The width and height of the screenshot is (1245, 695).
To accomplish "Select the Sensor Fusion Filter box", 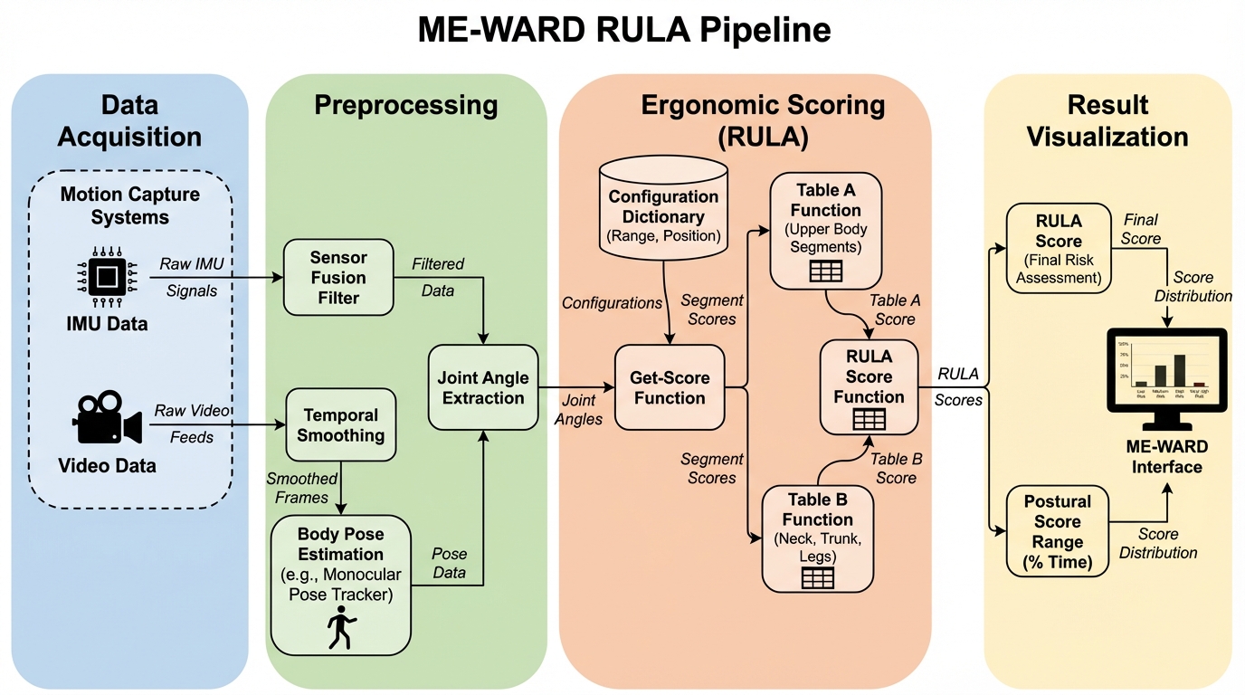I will click(338, 278).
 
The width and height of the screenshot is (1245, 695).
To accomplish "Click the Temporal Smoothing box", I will click(341, 425).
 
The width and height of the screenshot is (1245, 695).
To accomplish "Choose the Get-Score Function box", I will click(670, 386).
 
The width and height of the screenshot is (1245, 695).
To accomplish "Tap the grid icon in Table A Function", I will click(825, 271).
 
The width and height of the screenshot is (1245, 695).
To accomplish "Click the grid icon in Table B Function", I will click(817, 576).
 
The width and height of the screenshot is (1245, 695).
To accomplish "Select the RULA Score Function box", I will click(869, 386).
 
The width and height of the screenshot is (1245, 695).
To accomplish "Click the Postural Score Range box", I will click(1058, 532).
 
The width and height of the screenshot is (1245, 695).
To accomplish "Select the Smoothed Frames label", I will click(302, 487).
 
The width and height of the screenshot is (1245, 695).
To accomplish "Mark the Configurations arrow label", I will click(612, 302).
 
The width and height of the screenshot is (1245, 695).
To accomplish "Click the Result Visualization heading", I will click(1107, 119).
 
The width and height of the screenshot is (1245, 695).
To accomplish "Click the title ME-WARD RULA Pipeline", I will click(623, 31).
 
